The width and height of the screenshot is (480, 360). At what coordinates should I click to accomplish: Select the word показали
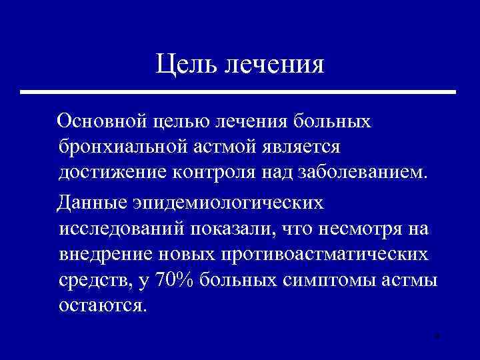231,229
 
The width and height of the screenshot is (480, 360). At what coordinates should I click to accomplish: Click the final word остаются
101,305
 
